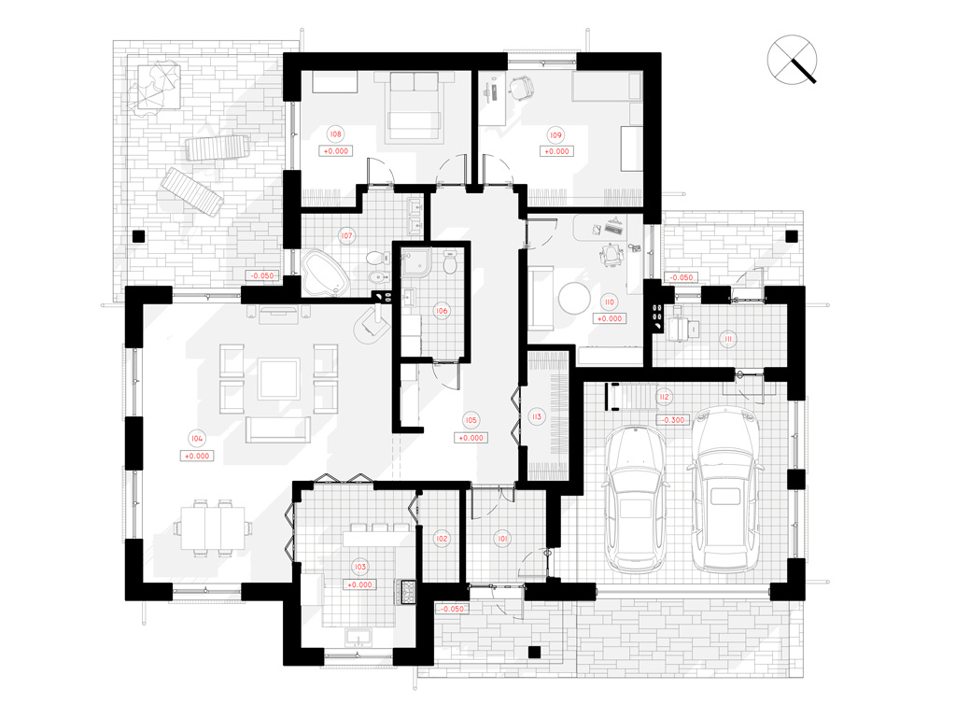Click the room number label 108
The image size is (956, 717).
click(335, 134)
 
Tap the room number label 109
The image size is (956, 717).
click(555, 135)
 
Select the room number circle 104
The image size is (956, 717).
click(196, 439)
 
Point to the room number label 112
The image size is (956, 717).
click(664, 397)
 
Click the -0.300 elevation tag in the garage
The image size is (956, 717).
click(673, 420)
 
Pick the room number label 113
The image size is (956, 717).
click(537, 417)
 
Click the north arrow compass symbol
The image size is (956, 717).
click(792, 59)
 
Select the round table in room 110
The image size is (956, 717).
click(574, 298)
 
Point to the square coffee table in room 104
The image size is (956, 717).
click(278, 379)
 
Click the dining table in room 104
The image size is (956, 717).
click(212, 527)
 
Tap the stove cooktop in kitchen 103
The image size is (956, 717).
click(406, 591)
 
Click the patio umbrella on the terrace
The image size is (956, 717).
click(154, 86)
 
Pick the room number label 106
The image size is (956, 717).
click(442, 311)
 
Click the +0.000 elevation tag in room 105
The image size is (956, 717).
click(471, 438)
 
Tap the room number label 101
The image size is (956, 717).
click(501, 539)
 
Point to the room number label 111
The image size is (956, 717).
click(727, 339)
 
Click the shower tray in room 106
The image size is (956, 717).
click(415, 262)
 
